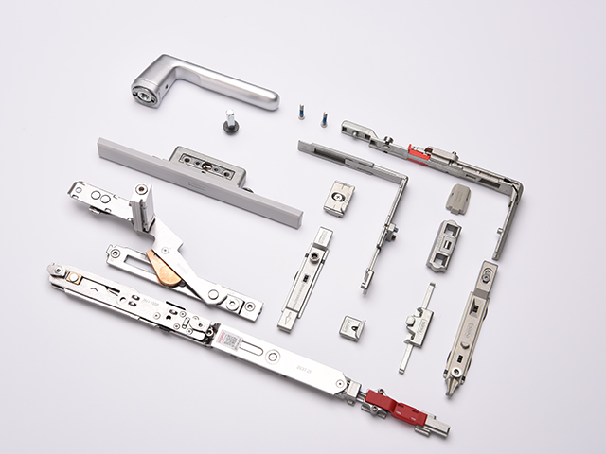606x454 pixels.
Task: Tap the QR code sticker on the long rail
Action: coord(230,338)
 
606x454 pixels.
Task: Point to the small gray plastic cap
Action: coord(459,199)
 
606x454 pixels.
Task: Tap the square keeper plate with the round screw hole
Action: coord(338,196)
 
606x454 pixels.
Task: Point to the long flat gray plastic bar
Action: coord(199,180)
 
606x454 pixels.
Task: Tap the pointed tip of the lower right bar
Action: coord(450,388)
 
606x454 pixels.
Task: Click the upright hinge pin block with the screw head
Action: coord(143,207)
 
